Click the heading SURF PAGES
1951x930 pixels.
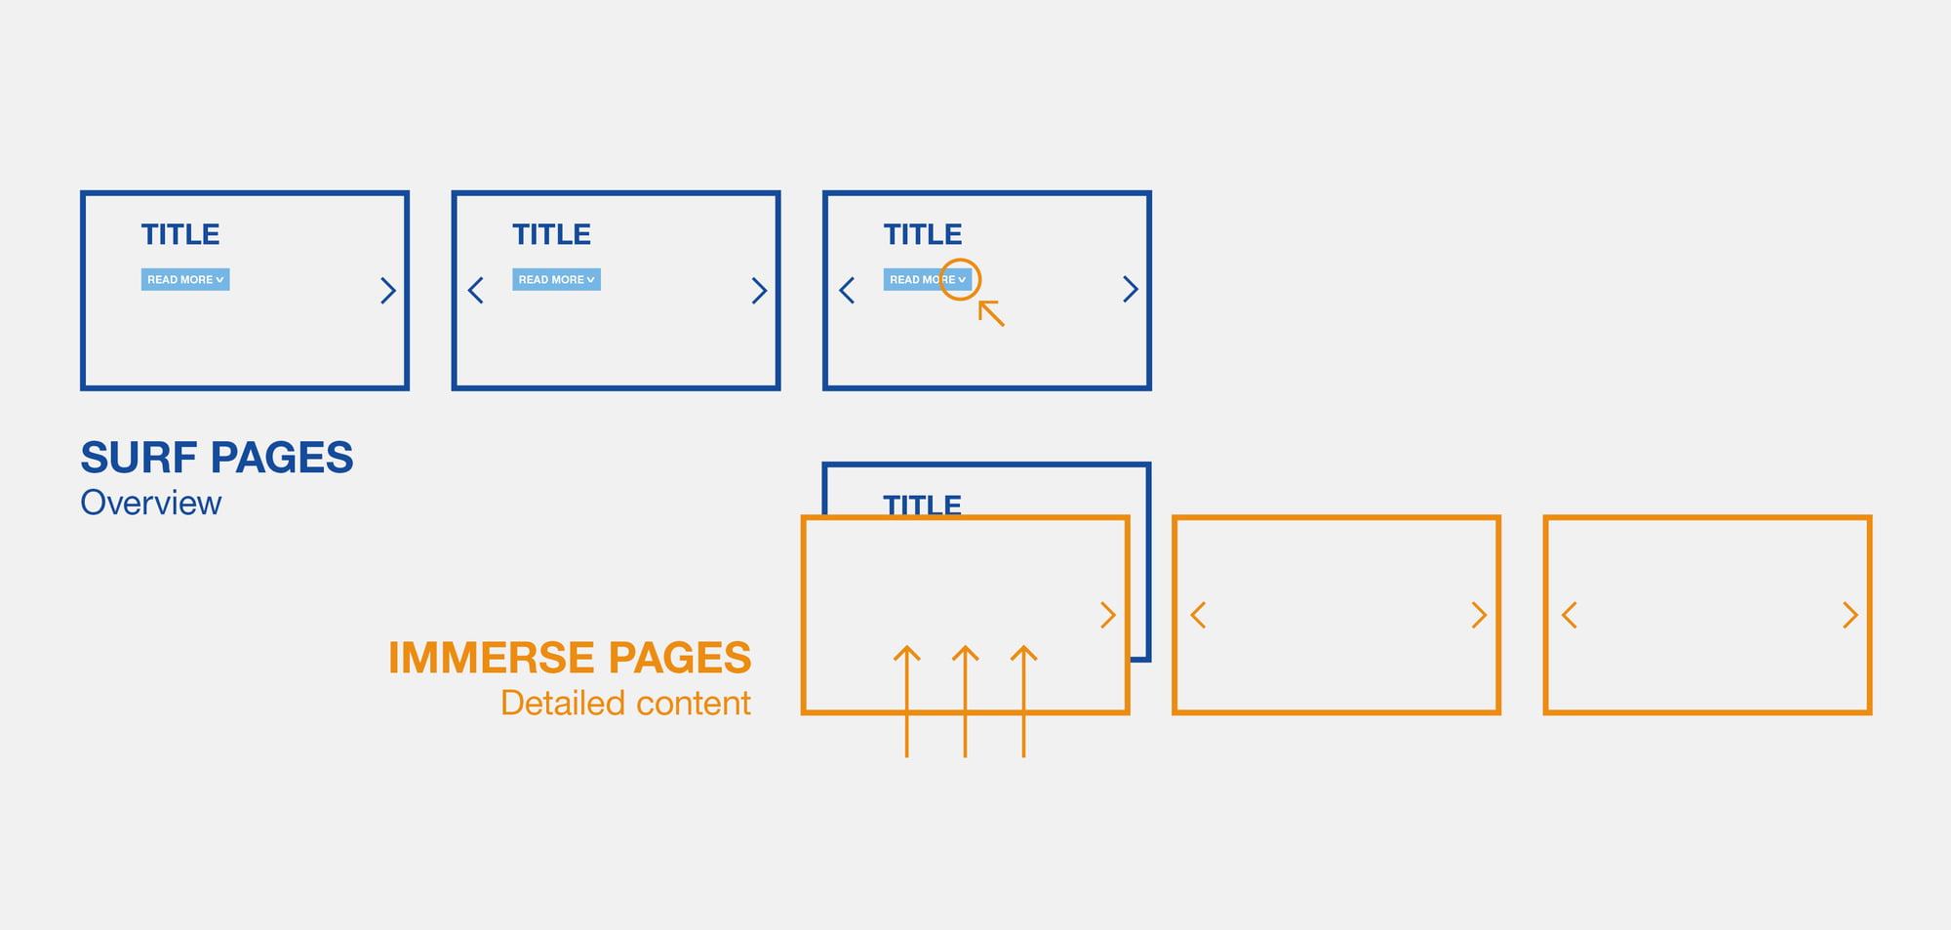point(217,458)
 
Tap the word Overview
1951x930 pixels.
point(151,503)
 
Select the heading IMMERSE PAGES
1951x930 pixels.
point(570,658)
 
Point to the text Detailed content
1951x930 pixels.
point(625,703)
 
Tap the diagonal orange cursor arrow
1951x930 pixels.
point(991,313)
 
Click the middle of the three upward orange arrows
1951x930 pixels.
point(965,701)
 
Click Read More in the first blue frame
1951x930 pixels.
point(185,280)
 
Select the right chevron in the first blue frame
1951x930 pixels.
point(388,290)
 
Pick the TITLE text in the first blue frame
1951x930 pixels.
point(180,234)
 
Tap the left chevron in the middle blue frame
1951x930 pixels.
point(476,290)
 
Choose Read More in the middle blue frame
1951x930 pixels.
point(556,280)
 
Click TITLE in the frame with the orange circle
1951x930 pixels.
point(923,234)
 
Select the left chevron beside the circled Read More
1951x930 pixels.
point(847,290)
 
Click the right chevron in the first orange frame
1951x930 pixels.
point(1108,615)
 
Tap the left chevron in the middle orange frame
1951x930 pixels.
point(1198,615)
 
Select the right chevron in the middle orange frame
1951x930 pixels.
point(1479,615)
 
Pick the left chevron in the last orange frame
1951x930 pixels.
point(1569,615)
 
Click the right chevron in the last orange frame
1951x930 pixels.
point(1851,615)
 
